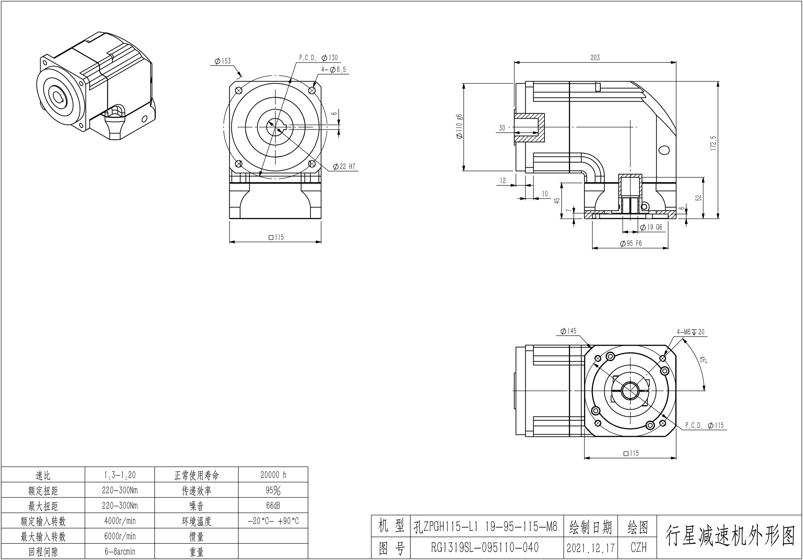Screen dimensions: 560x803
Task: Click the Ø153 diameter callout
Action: pyautogui.click(x=223, y=61)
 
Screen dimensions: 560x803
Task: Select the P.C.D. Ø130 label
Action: pyautogui.click(x=318, y=58)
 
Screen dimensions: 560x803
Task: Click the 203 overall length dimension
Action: pyautogui.click(x=595, y=58)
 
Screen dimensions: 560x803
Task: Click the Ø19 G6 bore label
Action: pyautogui.click(x=651, y=227)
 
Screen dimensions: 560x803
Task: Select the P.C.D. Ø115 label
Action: pyautogui.click(x=704, y=425)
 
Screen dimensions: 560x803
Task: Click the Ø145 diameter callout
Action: pyautogui.click(x=568, y=331)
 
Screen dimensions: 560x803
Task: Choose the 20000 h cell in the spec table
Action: pyautogui.click(x=273, y=475)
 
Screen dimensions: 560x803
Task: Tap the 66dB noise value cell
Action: pyautogui.click(x=273, y=506)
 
